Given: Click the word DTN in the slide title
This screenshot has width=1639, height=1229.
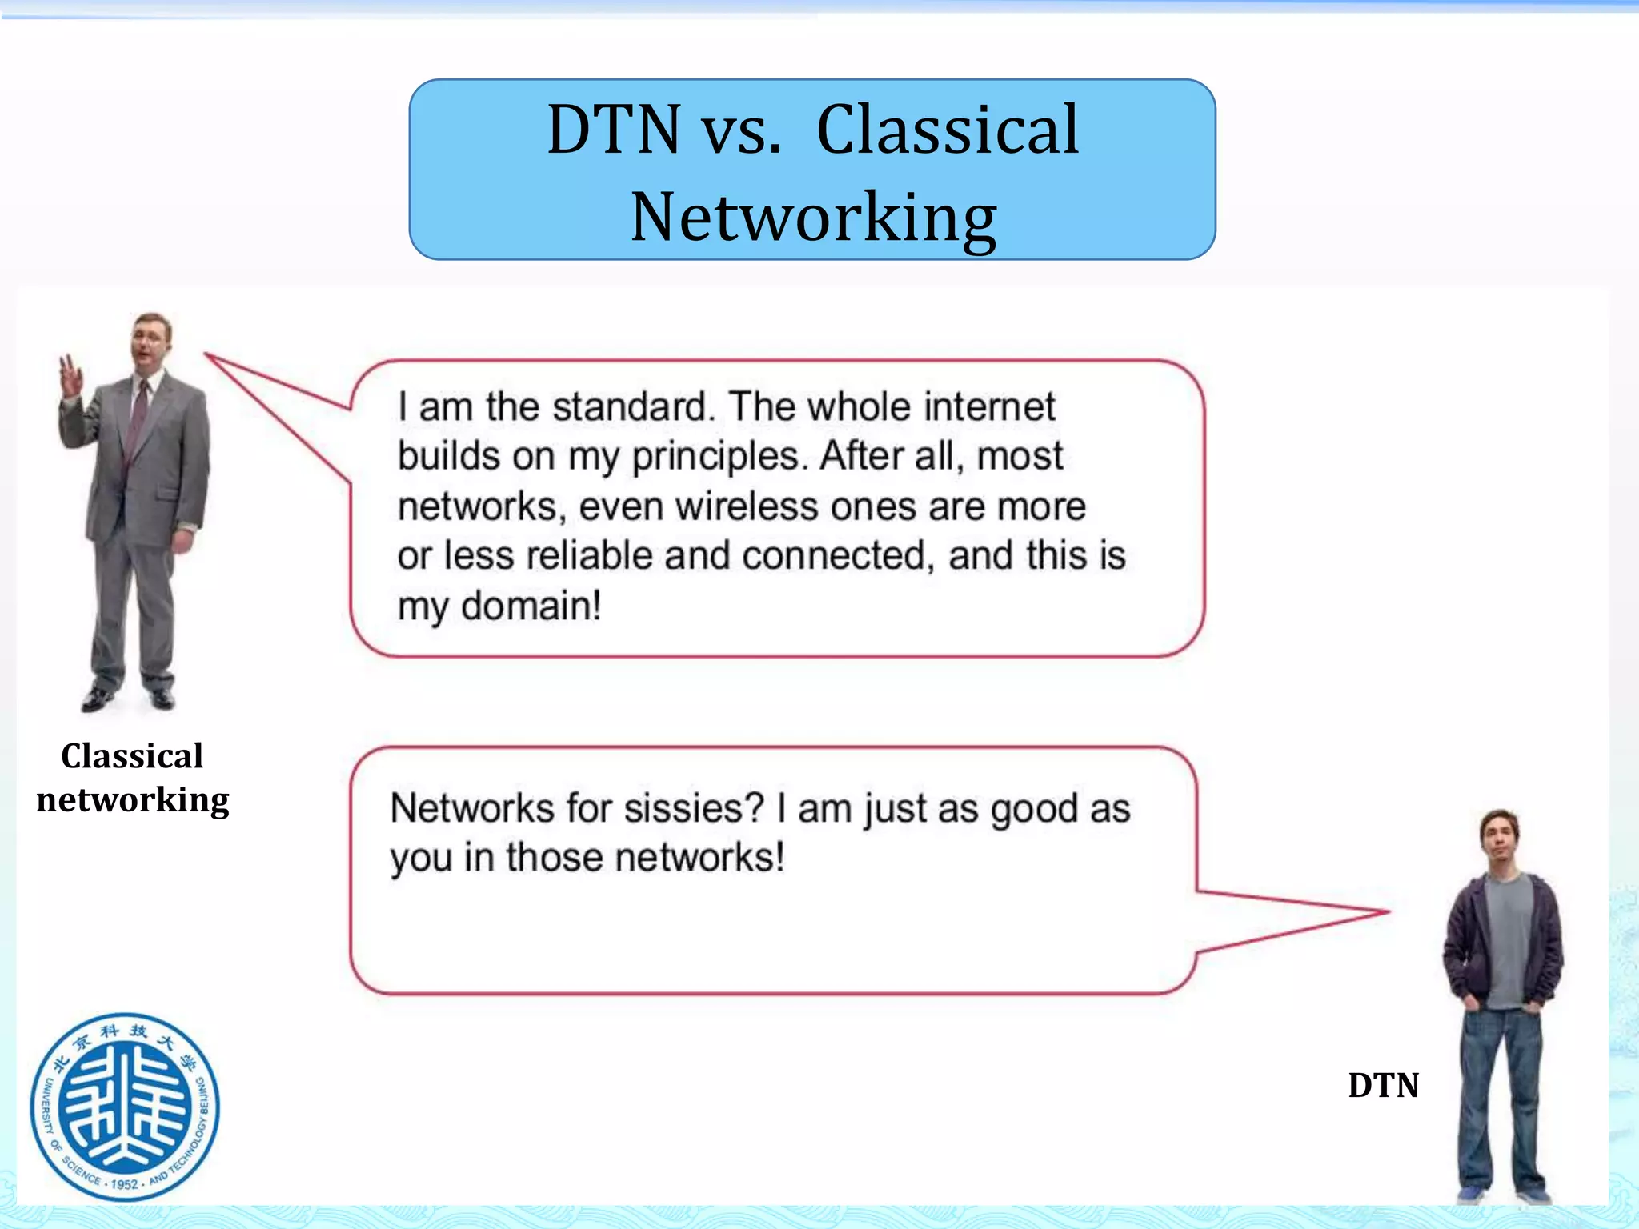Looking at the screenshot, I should tap(613, 130).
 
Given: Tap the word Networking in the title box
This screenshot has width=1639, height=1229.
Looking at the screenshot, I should tap(813, 218).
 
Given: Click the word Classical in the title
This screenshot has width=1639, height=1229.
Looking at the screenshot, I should tap(948, 130).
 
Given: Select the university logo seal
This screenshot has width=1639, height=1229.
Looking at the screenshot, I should tap(125, 1107).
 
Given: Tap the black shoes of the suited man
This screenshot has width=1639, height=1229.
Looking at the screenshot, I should tap(128, 698).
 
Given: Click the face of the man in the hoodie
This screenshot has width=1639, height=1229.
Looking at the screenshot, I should tap(1499, 839).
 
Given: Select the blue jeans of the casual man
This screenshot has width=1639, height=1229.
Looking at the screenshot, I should tap(1501, 1104).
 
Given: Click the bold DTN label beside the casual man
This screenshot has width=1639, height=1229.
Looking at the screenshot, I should tap(1383, 1086).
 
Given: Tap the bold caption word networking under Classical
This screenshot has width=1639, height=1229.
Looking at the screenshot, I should tap(133, 799).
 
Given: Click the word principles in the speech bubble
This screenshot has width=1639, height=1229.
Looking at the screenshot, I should tap(715, 457).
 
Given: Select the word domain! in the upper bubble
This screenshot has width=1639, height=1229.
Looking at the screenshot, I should tap(531, 606).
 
